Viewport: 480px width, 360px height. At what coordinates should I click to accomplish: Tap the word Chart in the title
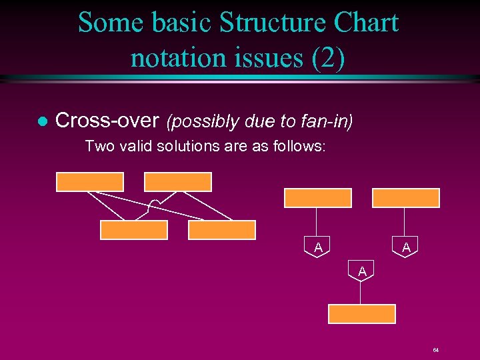coord(364,23)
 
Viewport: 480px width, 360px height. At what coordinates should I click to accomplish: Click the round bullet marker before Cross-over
coord(41,121)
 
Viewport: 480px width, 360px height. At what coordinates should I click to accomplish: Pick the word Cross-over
coord(107,121)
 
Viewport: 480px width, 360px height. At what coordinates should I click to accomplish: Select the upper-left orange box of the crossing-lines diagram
coord(90,181)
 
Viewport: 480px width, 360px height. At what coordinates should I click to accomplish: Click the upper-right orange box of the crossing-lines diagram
coord(178,181)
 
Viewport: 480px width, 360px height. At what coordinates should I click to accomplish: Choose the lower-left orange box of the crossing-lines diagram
coord(134,230)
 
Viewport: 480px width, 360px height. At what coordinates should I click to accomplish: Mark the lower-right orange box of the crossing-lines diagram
coord(222,230)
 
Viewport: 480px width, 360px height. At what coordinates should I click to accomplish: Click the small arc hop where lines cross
coord(154,205)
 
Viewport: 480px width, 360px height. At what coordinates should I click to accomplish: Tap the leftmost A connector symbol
coord(318,247)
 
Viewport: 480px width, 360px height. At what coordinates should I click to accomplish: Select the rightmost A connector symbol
coord(405,247)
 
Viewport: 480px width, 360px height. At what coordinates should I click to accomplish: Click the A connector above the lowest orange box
coord(361,271)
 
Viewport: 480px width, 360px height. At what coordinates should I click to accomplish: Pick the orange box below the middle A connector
coord(362,313)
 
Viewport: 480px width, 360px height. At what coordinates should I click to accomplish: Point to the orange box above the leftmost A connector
coord(318,198)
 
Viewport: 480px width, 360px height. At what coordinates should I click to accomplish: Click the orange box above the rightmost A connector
coord(406,198)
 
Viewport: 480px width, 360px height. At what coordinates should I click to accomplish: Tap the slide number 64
coord(435,350)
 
